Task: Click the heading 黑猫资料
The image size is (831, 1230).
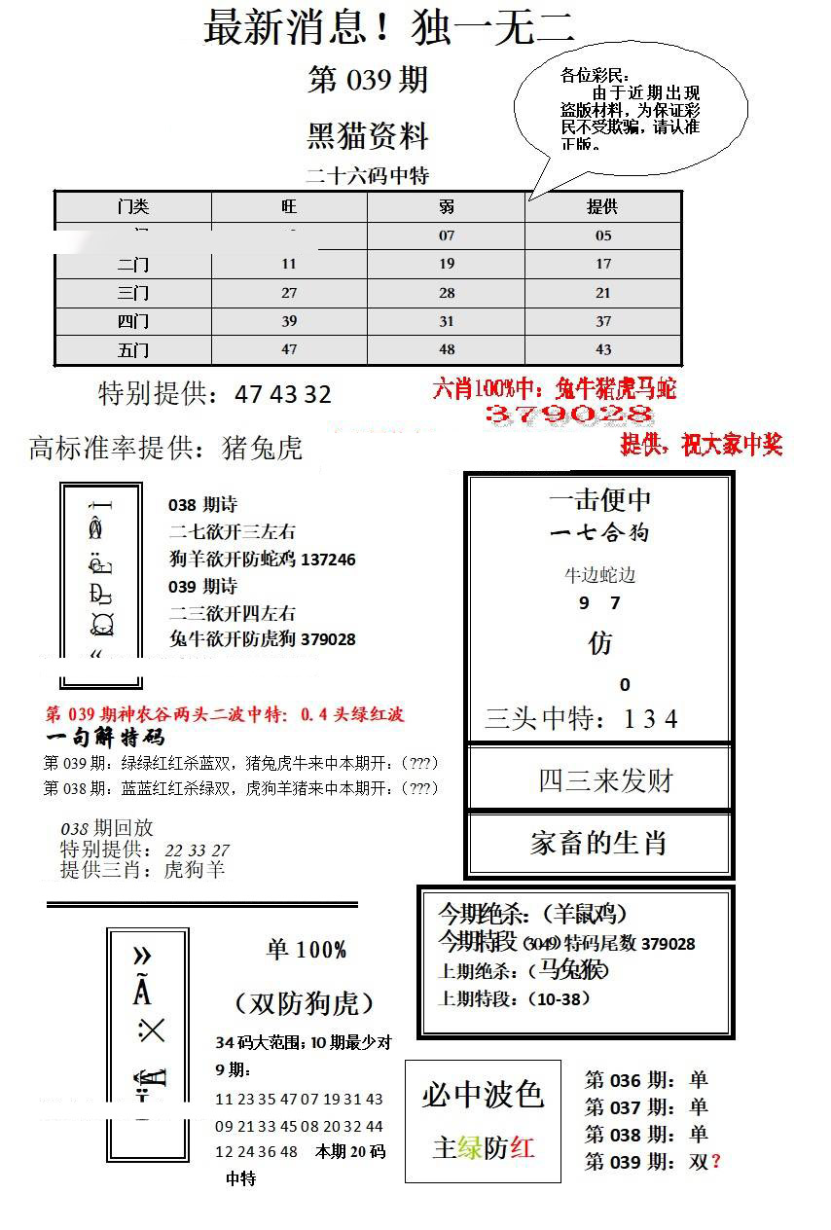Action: (x=368, y=136)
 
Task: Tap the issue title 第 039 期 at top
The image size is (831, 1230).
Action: (x=368, y=80)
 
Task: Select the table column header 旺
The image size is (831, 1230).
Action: (x=289, y=207)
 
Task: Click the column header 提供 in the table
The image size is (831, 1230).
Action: (x=602, y=207)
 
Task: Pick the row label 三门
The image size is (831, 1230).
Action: (x=132, y=293)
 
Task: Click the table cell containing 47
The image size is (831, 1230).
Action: (x=289, y=349)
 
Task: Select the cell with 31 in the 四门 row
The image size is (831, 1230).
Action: (x=446, y=321)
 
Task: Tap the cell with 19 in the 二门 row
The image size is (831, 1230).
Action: (x=446, y=264)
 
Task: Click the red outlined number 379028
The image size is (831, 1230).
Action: (x=556, y=416)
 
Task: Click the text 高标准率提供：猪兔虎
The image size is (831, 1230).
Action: (x=166, y=448)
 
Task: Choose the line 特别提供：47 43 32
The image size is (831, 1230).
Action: (x=215, y=394)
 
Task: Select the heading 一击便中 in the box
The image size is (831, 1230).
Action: (x=599, y=500)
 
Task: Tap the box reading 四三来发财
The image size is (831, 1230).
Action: (x=599, y=779)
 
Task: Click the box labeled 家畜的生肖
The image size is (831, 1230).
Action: (x=599, y=843)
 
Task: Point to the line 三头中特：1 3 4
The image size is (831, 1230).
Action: (x=581, y=719)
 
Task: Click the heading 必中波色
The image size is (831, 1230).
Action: (x=483, y=1095)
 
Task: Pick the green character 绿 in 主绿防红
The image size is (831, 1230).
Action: (x=470, y=1147)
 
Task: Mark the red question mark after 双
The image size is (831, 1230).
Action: (x=716, y=1161)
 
